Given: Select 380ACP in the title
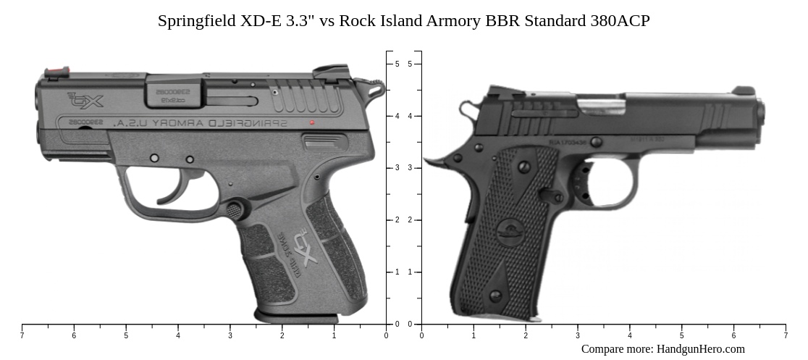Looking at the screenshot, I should (x=618, y=20).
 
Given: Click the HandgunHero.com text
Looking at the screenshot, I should (x=700, y=349).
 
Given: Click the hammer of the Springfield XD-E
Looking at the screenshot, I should (x=376, y=90).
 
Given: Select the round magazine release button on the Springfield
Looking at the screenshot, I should (x=235, y=209).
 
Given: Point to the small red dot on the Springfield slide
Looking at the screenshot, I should (x=312, y=122).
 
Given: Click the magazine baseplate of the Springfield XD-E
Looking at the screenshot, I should (x=296, y=317).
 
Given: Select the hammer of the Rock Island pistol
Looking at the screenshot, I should (x=469, y=112).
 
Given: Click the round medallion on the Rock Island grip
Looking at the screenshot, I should (x=512, y=234).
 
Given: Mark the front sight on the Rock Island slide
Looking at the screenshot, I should (x=743, y=91).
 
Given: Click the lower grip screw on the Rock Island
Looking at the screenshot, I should (x=495, y=296).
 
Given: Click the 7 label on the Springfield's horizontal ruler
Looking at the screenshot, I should (x=22, y=335).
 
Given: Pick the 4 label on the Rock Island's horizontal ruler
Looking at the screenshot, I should (x=629, y=335).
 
